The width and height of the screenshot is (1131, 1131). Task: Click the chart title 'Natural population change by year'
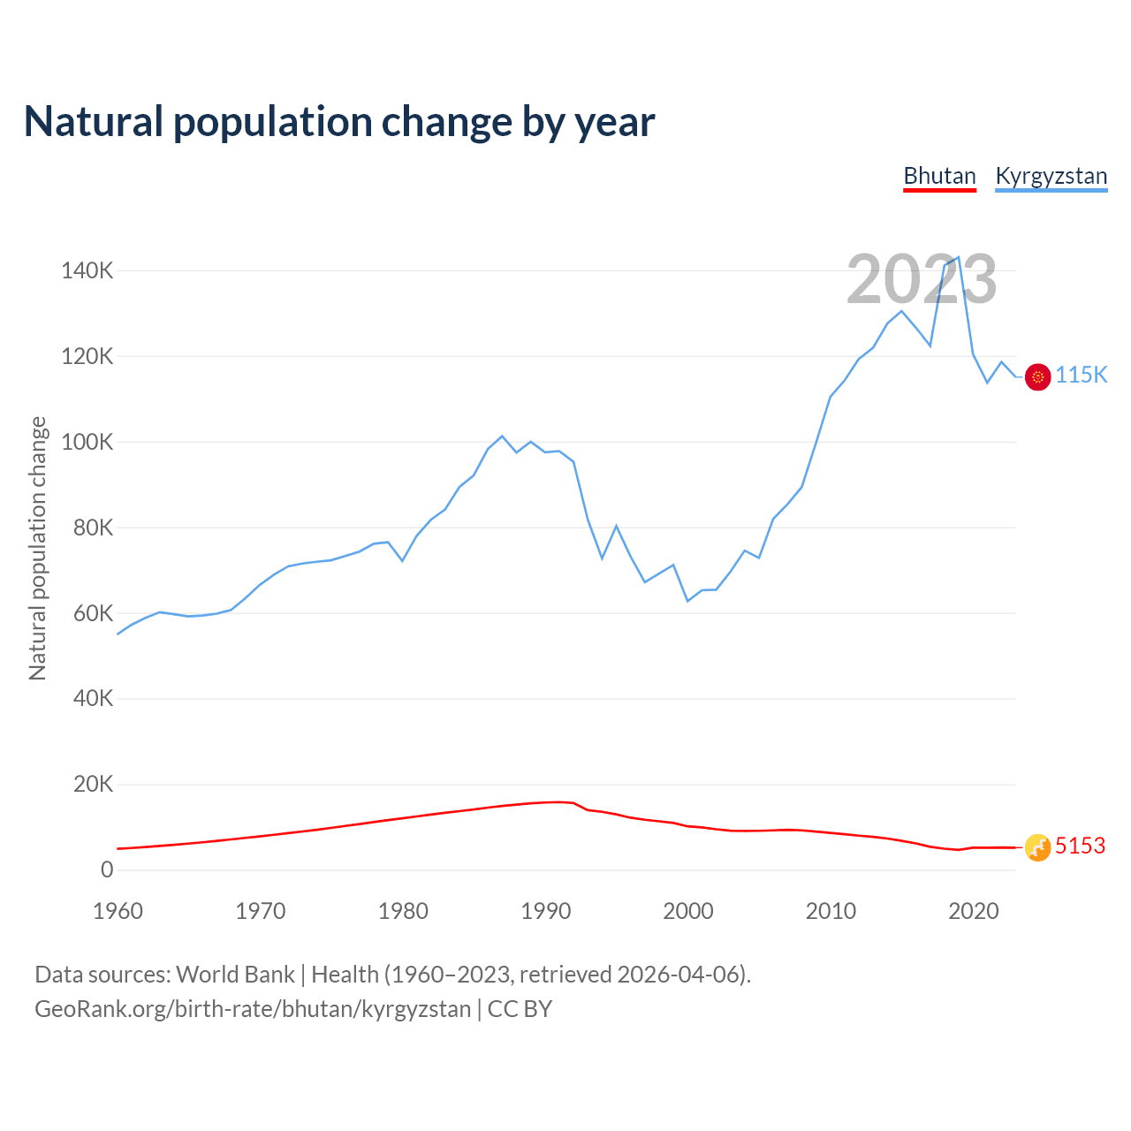click(x=339, y=122)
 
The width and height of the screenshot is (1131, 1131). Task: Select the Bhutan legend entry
click(x=939, y=176)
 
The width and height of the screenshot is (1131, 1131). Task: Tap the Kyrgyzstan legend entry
click(x=1051, y=176)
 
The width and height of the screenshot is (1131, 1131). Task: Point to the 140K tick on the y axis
click(x=87, y=270)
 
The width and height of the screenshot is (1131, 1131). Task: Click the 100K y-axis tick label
click(x=87, y=442)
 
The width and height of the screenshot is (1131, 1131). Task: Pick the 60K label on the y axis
click(x=92, y=613)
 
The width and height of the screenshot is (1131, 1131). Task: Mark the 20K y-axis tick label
click(x=92, y=785)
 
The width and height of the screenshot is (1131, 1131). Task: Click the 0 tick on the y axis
click(x=107, y=869)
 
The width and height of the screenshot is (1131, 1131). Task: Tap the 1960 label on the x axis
click(x=118, y=911)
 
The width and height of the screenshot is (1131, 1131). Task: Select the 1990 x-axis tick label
click(x=545, y=911)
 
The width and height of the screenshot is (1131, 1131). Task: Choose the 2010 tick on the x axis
click(x=831, y=911)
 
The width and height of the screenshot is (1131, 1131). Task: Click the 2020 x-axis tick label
click(x=973, y=911)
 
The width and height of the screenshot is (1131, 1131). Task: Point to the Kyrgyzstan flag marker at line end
click(x=1037, y=376)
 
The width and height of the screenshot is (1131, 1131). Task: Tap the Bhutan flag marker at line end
click(x=1037, y=847)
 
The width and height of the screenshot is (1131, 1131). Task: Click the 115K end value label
click(x=1081, y=376)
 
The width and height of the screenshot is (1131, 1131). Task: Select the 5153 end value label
click(x=1080, y=846)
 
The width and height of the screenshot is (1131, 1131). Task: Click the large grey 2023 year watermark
click(x=922, y=279)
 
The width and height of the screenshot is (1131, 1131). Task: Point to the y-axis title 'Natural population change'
click(x=38, y=549)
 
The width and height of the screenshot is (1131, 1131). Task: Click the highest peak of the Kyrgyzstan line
click(x=959, y=257)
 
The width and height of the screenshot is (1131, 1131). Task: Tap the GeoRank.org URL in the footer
click(x=253, y=1009)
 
